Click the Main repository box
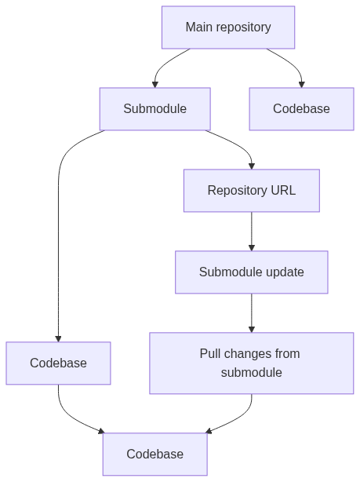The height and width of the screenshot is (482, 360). [x=228, y=27]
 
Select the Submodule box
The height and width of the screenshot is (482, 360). [x=155, y=109]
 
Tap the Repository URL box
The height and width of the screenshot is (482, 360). [x=252, y=191]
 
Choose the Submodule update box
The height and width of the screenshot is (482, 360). [x=252, y=272]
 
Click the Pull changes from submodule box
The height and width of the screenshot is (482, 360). [x=252, y=363]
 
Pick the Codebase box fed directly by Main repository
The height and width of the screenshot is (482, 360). [x=302, y=109]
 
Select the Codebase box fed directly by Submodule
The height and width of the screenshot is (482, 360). [x=58, y=363]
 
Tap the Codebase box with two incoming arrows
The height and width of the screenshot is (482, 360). [x=155, y=454]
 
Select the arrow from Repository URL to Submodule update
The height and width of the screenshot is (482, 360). [x=252, y=232]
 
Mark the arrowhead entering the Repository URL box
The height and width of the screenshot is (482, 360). [x=252, y=166]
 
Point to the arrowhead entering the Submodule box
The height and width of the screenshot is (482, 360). [x=155, y=85]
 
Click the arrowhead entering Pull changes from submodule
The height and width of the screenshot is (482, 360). [x=252, y=330]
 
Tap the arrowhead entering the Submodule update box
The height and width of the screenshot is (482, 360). [x=252, y=248]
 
